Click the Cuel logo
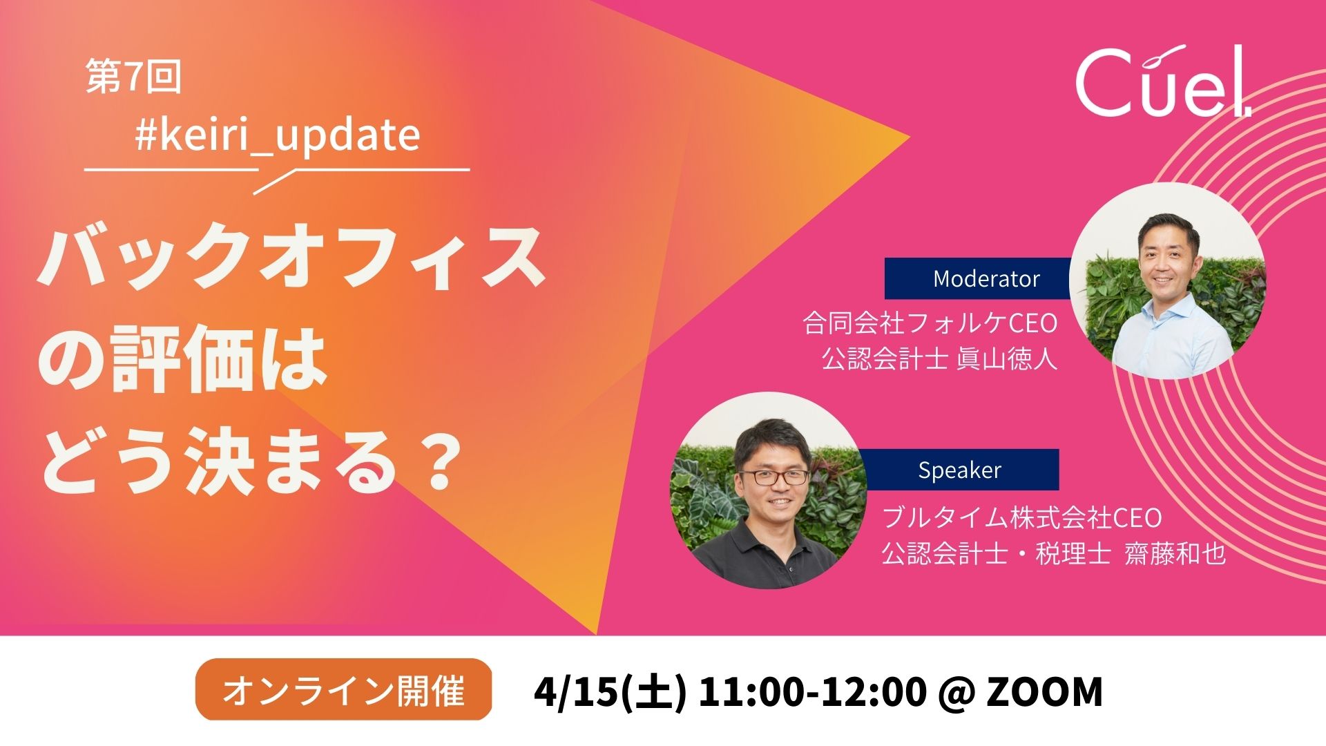click(x=1163, y=82)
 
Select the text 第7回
click(x=133, y=76)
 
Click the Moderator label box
click(x=978, y=278)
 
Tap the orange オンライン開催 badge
click(x=343, y=689)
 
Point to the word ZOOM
click(x=1045, y=691)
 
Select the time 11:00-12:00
click(x=812, y=691)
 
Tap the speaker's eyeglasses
click(x=773, y=477)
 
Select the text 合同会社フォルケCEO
click(x=930, y=323)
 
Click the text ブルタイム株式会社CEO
click(x=1022, y=517)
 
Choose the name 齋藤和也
click(x=1175, y=553)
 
